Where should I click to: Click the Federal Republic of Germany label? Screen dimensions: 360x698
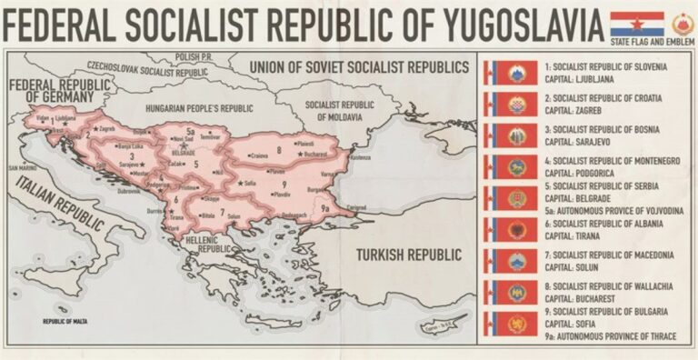coord(50,88)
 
